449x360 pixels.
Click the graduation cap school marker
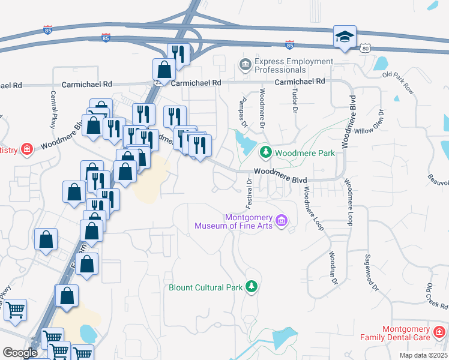345,37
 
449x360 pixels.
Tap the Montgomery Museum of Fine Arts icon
280,222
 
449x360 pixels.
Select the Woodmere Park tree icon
266,153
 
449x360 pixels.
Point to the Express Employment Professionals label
294,66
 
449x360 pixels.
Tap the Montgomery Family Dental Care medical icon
439,332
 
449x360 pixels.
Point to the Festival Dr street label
248,196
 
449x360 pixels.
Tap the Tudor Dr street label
295,101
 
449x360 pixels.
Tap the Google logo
19,353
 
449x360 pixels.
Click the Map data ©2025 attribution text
424,355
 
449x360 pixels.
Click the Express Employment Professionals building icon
245,64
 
